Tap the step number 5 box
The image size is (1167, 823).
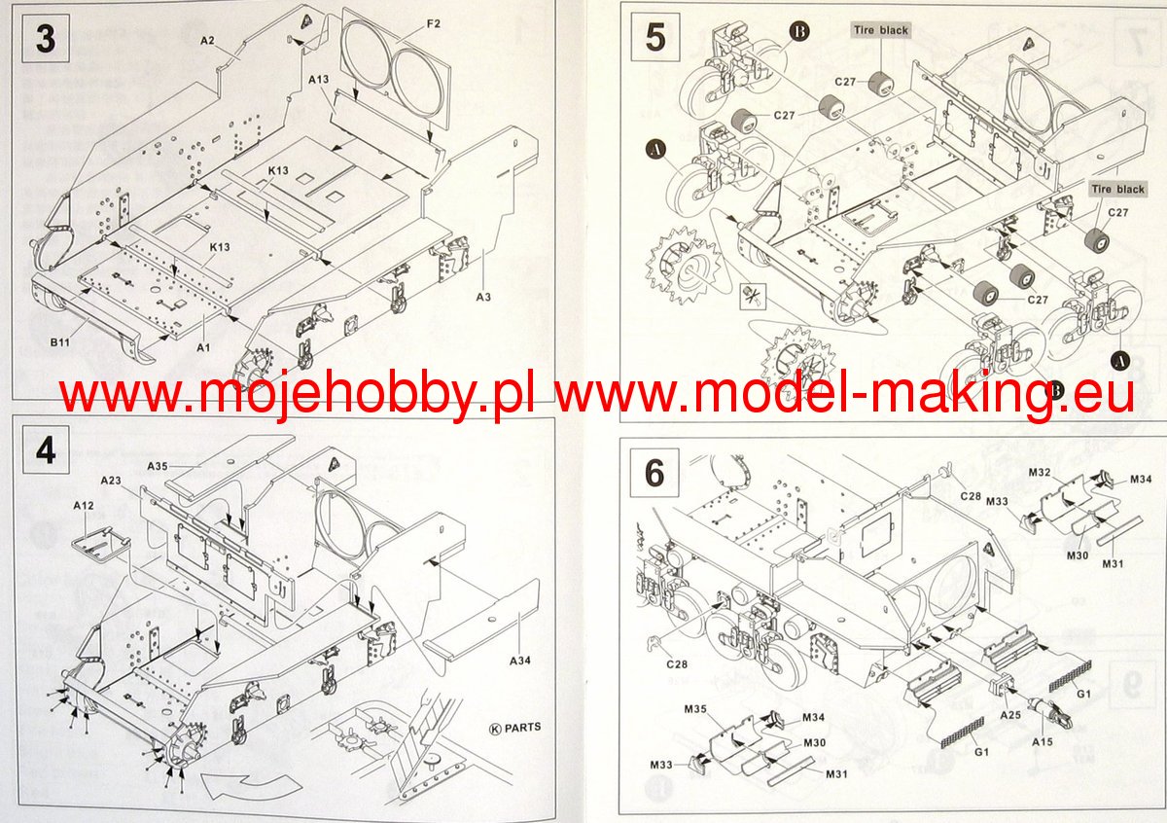click(x=654, y=39)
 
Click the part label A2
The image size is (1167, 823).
click(x=207, y=40)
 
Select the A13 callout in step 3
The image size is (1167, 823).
click(x=319, y=78)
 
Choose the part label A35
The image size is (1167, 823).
click(x=159, y=466)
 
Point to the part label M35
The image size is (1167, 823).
click(x=694, y=709)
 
